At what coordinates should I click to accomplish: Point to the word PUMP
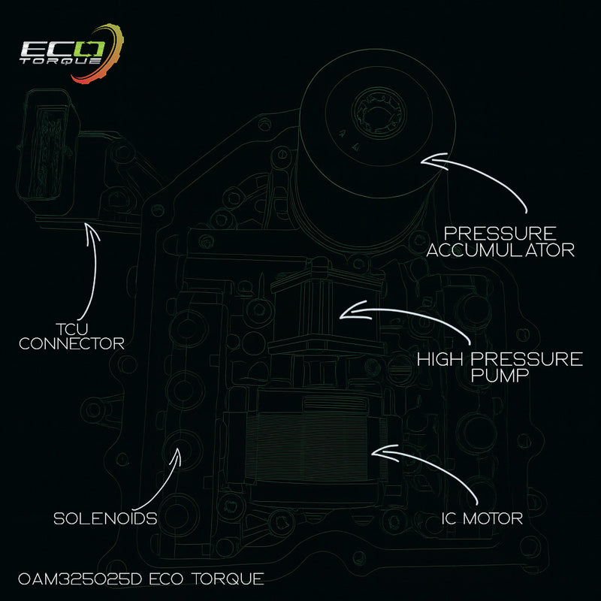click(x=499, y=375)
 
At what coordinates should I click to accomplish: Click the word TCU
click(x=72, y=328)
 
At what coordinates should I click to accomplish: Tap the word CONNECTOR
click(x=72, y=344)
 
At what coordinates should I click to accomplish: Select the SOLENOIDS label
click(x=106, y=518)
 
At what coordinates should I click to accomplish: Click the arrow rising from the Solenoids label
click(x=162, y=481)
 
